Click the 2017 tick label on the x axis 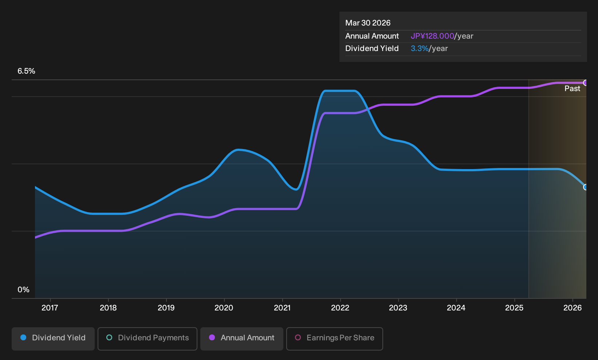[50, 308]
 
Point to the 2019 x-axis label [166, 308]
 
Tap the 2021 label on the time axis [282, 308]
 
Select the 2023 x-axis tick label [398, 308]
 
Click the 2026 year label [573, 308]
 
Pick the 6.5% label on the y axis [26, 71]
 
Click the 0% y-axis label [24, 290]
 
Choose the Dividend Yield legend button [53, 339]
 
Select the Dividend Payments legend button [147, 339]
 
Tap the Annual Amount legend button [241, 339]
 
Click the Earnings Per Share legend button [334, 339]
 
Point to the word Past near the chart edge [572, 89]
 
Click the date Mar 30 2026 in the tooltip [367, 23]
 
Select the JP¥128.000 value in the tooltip [432, 36]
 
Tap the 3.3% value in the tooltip [420, 48]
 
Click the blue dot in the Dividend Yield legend [23, 337]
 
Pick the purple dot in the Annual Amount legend [212, 337]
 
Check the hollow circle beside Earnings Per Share [298, 337]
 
